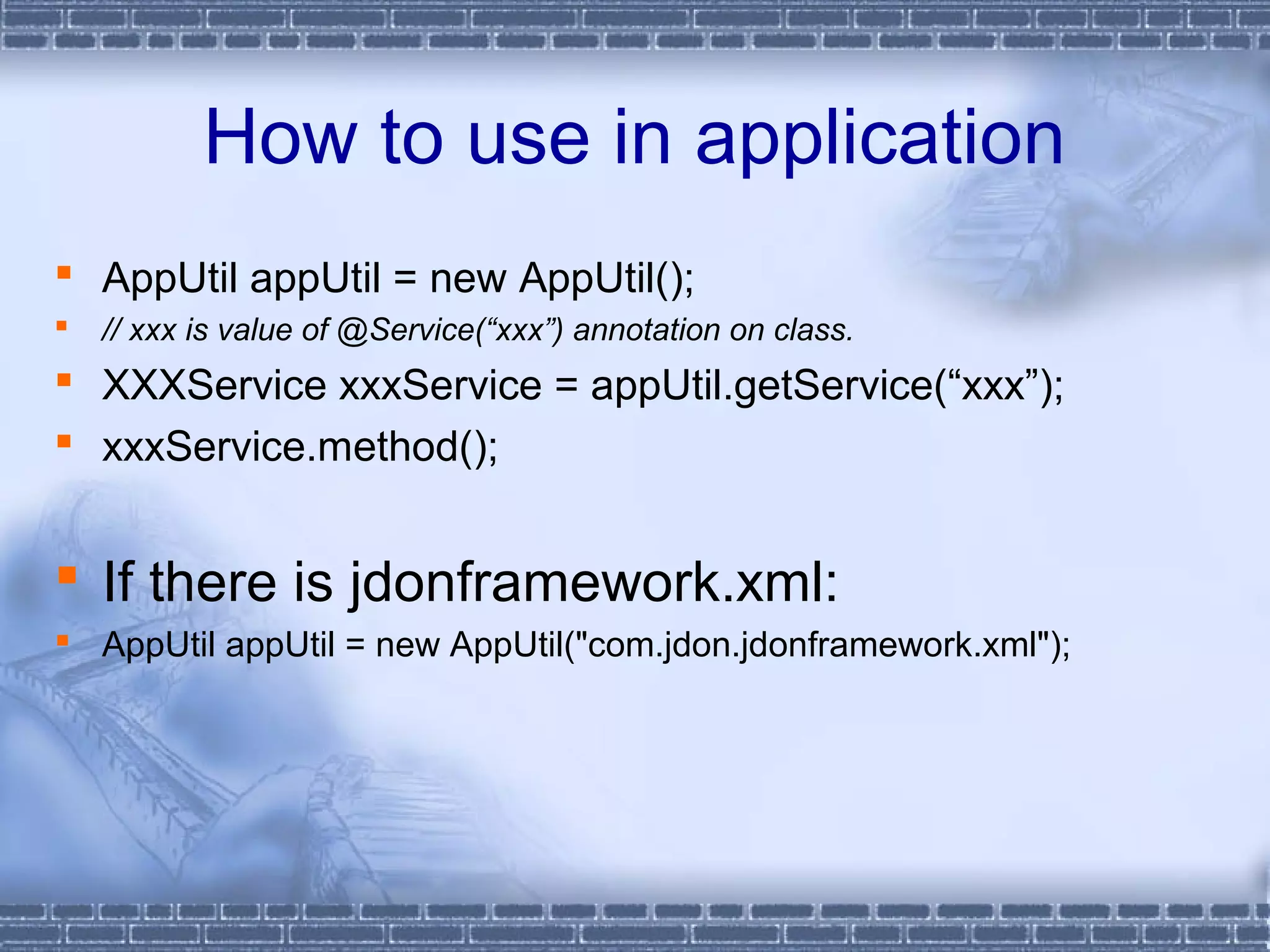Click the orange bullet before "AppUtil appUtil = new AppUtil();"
63,272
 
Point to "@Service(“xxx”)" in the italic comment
451,330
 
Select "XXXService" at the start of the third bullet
214,386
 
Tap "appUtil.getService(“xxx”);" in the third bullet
827,386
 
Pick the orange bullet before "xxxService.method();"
63,441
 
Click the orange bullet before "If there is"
66,575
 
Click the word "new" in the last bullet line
407,645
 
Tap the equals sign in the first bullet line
405,279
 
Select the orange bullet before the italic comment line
61,325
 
